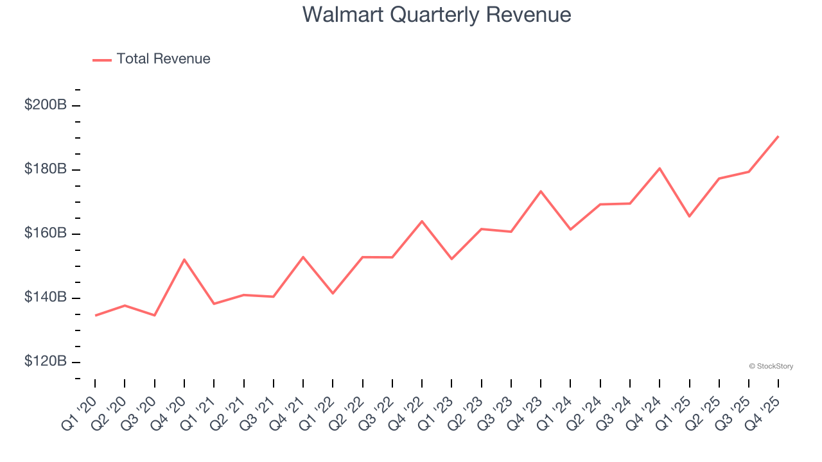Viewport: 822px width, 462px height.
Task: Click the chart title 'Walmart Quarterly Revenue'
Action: click(x=437, y=14)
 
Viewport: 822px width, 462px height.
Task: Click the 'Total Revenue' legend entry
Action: click(x=163, y=59)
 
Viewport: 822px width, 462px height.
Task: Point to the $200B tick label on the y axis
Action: click(x=45, y=105)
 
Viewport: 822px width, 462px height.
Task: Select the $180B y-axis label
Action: click(x=45, y=169)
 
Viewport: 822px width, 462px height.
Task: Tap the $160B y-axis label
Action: click(x=45, y=233)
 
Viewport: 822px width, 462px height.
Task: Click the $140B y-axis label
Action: click(x=45, y=297)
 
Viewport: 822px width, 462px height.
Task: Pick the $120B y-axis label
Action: click(x=45, y=361)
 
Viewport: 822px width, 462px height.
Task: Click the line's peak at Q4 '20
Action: click(x=184, y=259)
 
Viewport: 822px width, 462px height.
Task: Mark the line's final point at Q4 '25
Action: click(x=778, y=136)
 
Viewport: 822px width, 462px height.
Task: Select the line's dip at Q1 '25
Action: click(x=689, y=216)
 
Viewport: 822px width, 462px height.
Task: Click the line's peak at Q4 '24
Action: click(x=660, y=168)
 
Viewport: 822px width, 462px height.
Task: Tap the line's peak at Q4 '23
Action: click(x=541, y=191)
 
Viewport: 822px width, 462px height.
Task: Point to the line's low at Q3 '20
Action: click(x=155, y=315)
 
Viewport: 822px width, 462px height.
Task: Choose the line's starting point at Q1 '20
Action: click(x=95, y=315)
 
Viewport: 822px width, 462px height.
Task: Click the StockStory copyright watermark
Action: click(x=771, y=366)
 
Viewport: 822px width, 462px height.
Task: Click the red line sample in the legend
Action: click(x=102, y=60)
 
